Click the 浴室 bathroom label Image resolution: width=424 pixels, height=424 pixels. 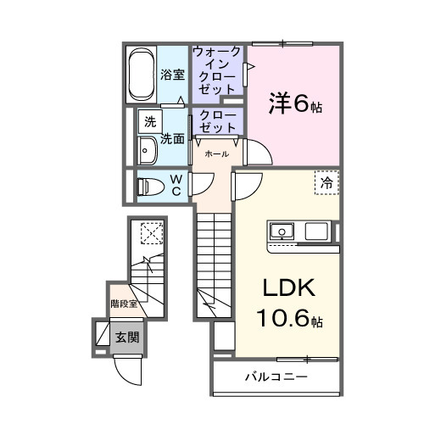[172, 75]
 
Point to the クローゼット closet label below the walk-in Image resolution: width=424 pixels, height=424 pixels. [218, 120]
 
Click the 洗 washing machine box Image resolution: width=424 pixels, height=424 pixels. [150, 121]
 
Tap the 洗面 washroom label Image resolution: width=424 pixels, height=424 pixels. [173, 138]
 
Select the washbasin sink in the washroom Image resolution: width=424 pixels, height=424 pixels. [146, 150]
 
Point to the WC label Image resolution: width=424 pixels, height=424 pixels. [176, 185]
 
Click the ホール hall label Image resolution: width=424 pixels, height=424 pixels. [215, 155]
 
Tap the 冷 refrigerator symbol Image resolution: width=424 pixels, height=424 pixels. [325, 182]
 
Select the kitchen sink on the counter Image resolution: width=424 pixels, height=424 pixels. [281, 231]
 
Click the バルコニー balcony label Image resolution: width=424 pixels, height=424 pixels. [276, 376]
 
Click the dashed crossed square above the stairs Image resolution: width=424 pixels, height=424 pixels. [150, 232]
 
